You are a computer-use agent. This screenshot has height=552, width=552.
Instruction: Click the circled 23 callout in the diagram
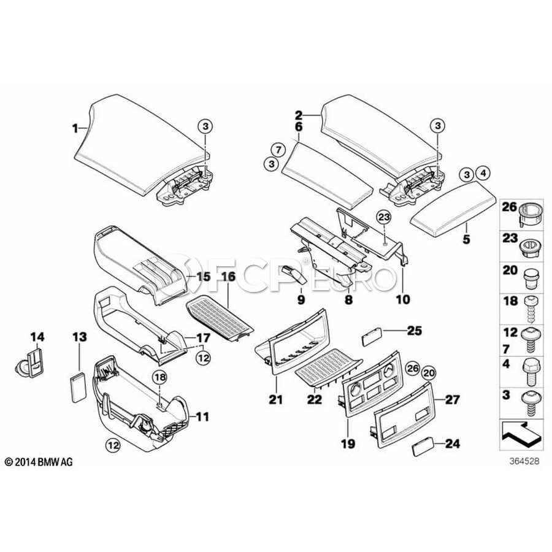click(x=383, y=217)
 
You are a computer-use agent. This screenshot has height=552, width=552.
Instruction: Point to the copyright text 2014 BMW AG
click(x=39, y=462)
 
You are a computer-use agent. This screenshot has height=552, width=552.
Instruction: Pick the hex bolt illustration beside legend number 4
click(x=529, y=370)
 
